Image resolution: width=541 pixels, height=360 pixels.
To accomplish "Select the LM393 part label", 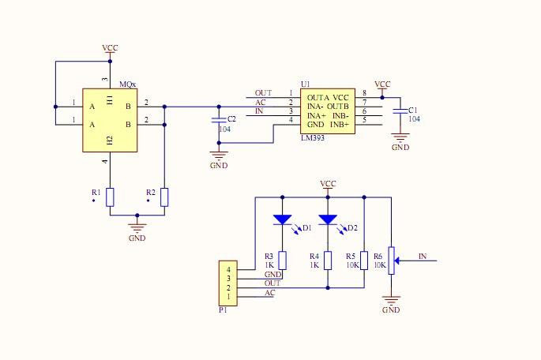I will pos(313,137).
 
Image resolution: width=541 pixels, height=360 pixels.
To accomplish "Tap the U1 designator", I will pos(305,84).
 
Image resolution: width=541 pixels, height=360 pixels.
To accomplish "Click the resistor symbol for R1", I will pos(111,197).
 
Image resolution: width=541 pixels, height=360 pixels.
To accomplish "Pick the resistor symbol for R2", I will pos(164,197).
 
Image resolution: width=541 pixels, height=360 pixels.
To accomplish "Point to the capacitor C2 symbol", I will pos(220,119).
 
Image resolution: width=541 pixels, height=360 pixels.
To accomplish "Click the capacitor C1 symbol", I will pos(400,112).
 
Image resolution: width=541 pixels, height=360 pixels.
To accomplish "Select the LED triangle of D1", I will pos(282,219).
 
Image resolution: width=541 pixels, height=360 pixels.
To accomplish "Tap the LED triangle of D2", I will pos(328,219).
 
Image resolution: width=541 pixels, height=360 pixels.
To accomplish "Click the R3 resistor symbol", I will pos(282,261).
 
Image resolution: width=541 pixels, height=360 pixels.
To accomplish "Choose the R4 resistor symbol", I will pos(328,261).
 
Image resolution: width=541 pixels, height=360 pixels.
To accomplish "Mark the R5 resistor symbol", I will pos(363,261).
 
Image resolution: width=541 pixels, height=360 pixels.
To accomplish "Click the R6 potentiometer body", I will pos(391,261).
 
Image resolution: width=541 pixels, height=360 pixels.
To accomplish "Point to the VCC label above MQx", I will pos(110,48).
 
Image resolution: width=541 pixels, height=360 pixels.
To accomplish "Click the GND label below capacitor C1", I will pos(400,147).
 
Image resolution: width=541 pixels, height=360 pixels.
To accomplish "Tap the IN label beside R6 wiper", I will pos(423,256).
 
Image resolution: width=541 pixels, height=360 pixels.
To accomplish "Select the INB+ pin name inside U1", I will pos(339,125).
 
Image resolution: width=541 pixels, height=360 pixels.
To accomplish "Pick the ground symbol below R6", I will pos(391,300).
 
